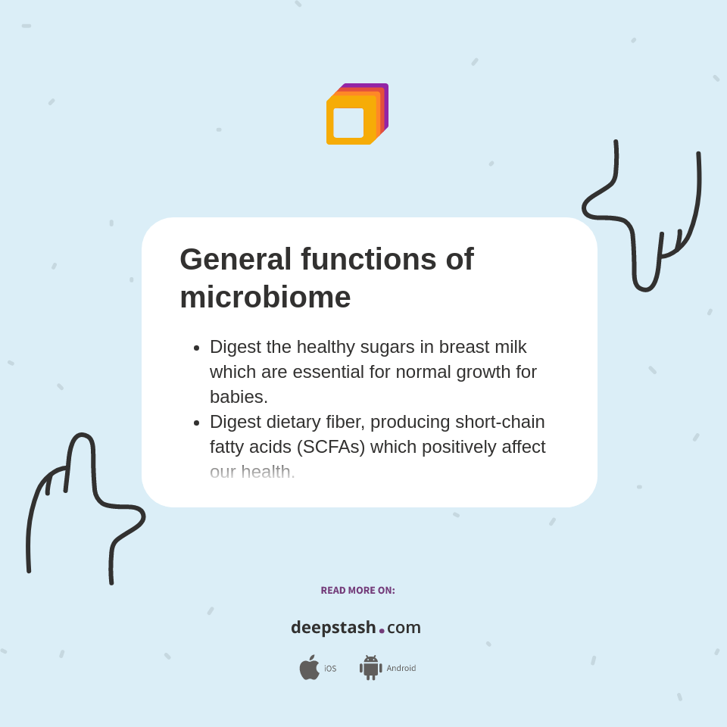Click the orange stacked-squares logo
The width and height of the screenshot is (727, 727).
click(x=357, y=114)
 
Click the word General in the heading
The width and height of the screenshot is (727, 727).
click(x=236, y=260)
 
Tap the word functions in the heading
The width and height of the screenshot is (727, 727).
click(x=369, y=260)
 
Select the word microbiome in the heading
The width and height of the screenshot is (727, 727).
click(x=265, y=298)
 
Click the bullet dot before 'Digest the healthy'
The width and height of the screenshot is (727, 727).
click(x=197, y=348)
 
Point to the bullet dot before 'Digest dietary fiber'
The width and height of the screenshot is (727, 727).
click(x=197, y=423)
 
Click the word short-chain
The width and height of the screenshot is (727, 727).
click(x=500, y=422)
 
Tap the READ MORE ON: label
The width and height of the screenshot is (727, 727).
click(x=357, y=591)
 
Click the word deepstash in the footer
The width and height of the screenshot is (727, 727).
click(x=333, y=628)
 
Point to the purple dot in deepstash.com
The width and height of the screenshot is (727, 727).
click(x=382, y=631)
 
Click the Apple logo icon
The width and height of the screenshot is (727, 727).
click(x=309, y=667)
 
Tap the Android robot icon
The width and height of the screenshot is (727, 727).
click(x=371, y=668)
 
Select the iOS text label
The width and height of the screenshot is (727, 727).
click(x=330, y=669)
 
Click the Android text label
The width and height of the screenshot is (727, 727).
click(x=401, y=668)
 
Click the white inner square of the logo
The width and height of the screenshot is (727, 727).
click(x=348, y=123)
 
